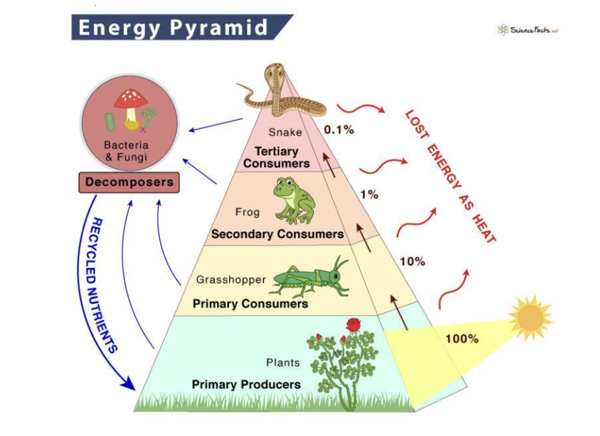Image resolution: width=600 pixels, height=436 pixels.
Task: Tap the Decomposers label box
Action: [x=129, y=183]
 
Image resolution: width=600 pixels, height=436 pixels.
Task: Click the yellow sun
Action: [x=530, y=317]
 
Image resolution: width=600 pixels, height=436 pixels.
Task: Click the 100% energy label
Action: [x=461, y=339]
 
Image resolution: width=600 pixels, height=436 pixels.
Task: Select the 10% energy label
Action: [x=412, y=261]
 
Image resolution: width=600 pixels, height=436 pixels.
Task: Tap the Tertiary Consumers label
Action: [x=276, y=157]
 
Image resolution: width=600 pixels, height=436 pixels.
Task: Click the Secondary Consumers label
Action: [x=277, y=235]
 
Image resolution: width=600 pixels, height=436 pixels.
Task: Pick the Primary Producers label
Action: [x=246, y=384]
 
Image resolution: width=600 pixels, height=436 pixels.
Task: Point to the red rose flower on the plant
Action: [x=354, y=324]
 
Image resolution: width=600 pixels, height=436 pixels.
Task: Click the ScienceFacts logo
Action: [x=527, y=30]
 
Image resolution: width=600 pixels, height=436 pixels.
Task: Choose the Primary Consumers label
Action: [x=250, y=304]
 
